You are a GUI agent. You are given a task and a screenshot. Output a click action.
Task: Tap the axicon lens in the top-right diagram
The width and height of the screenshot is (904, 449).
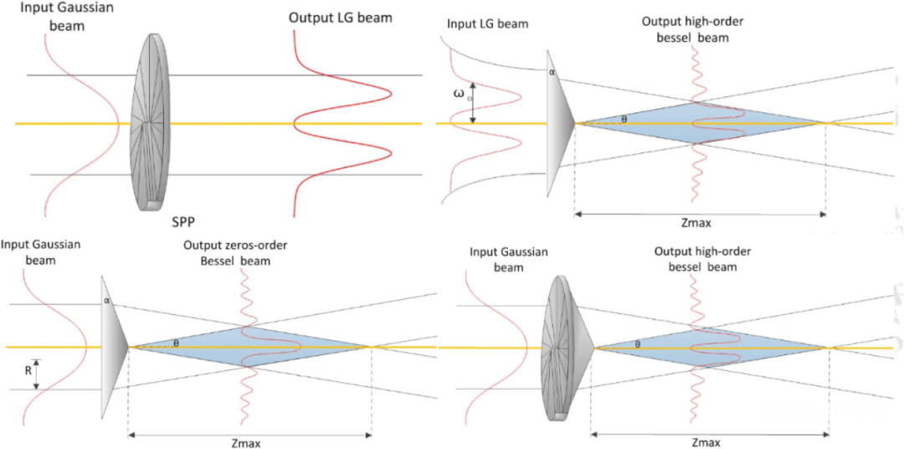(558, 123)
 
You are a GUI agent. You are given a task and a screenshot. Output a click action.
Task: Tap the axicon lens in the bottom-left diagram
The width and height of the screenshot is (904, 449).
(112, 346)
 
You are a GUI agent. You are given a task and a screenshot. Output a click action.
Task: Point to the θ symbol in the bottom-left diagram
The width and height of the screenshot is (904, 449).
(176, 343)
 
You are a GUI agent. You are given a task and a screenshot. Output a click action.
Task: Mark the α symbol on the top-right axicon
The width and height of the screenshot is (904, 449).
(552, 73)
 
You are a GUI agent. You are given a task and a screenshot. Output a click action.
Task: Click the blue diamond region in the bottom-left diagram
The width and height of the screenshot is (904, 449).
(251, 346)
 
